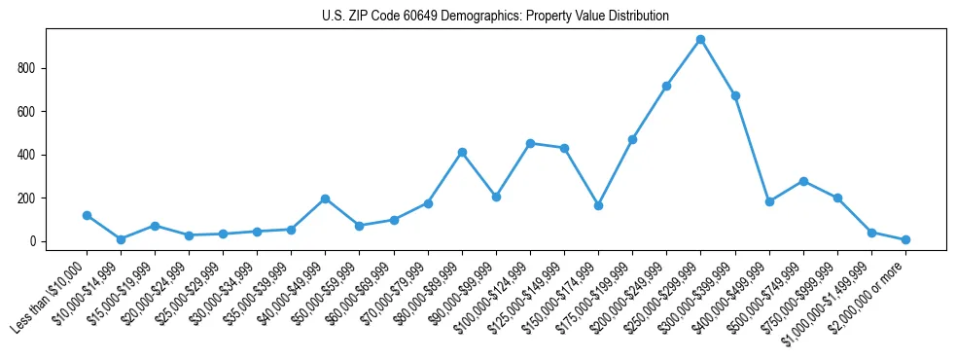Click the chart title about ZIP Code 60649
click(495, 17)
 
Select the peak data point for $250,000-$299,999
click(700, 40)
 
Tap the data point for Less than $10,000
click(87, 215)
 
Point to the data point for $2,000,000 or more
click(905, 239)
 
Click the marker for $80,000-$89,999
click(462, 152)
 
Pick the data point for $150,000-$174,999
click(598, 205)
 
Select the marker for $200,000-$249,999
click(666, 86)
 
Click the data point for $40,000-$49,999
click(325, 198)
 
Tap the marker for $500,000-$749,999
click(803, 181)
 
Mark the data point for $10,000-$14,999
click(121, 239)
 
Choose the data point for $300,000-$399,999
click(735, 95)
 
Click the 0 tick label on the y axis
click(34, 241)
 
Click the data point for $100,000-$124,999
click(530, 143)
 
